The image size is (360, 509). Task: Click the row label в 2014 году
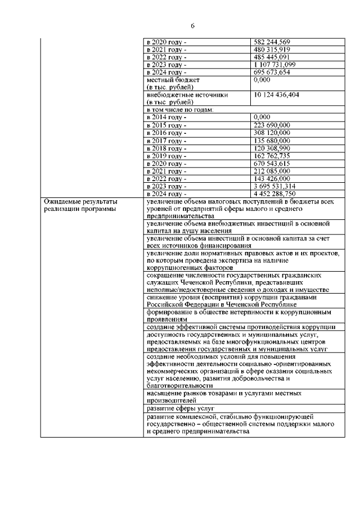tap(166, 117)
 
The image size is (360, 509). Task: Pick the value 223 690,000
tap(272, 125)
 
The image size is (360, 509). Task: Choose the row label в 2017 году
tap(166, 141)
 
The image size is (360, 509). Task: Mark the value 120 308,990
tap(272, 148)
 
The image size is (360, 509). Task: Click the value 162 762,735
tap(272, 156)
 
